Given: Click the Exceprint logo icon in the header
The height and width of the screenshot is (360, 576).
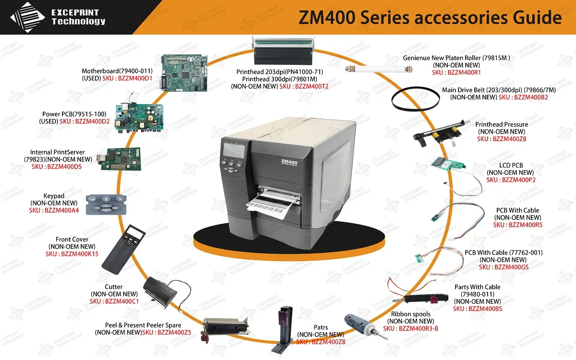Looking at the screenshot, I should (28, 17).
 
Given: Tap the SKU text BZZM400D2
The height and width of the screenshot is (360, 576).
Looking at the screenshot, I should (92, 121).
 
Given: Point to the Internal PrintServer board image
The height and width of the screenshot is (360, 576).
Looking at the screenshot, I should (120, 158).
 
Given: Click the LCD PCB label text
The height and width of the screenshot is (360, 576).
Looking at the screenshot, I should (511, 165).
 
